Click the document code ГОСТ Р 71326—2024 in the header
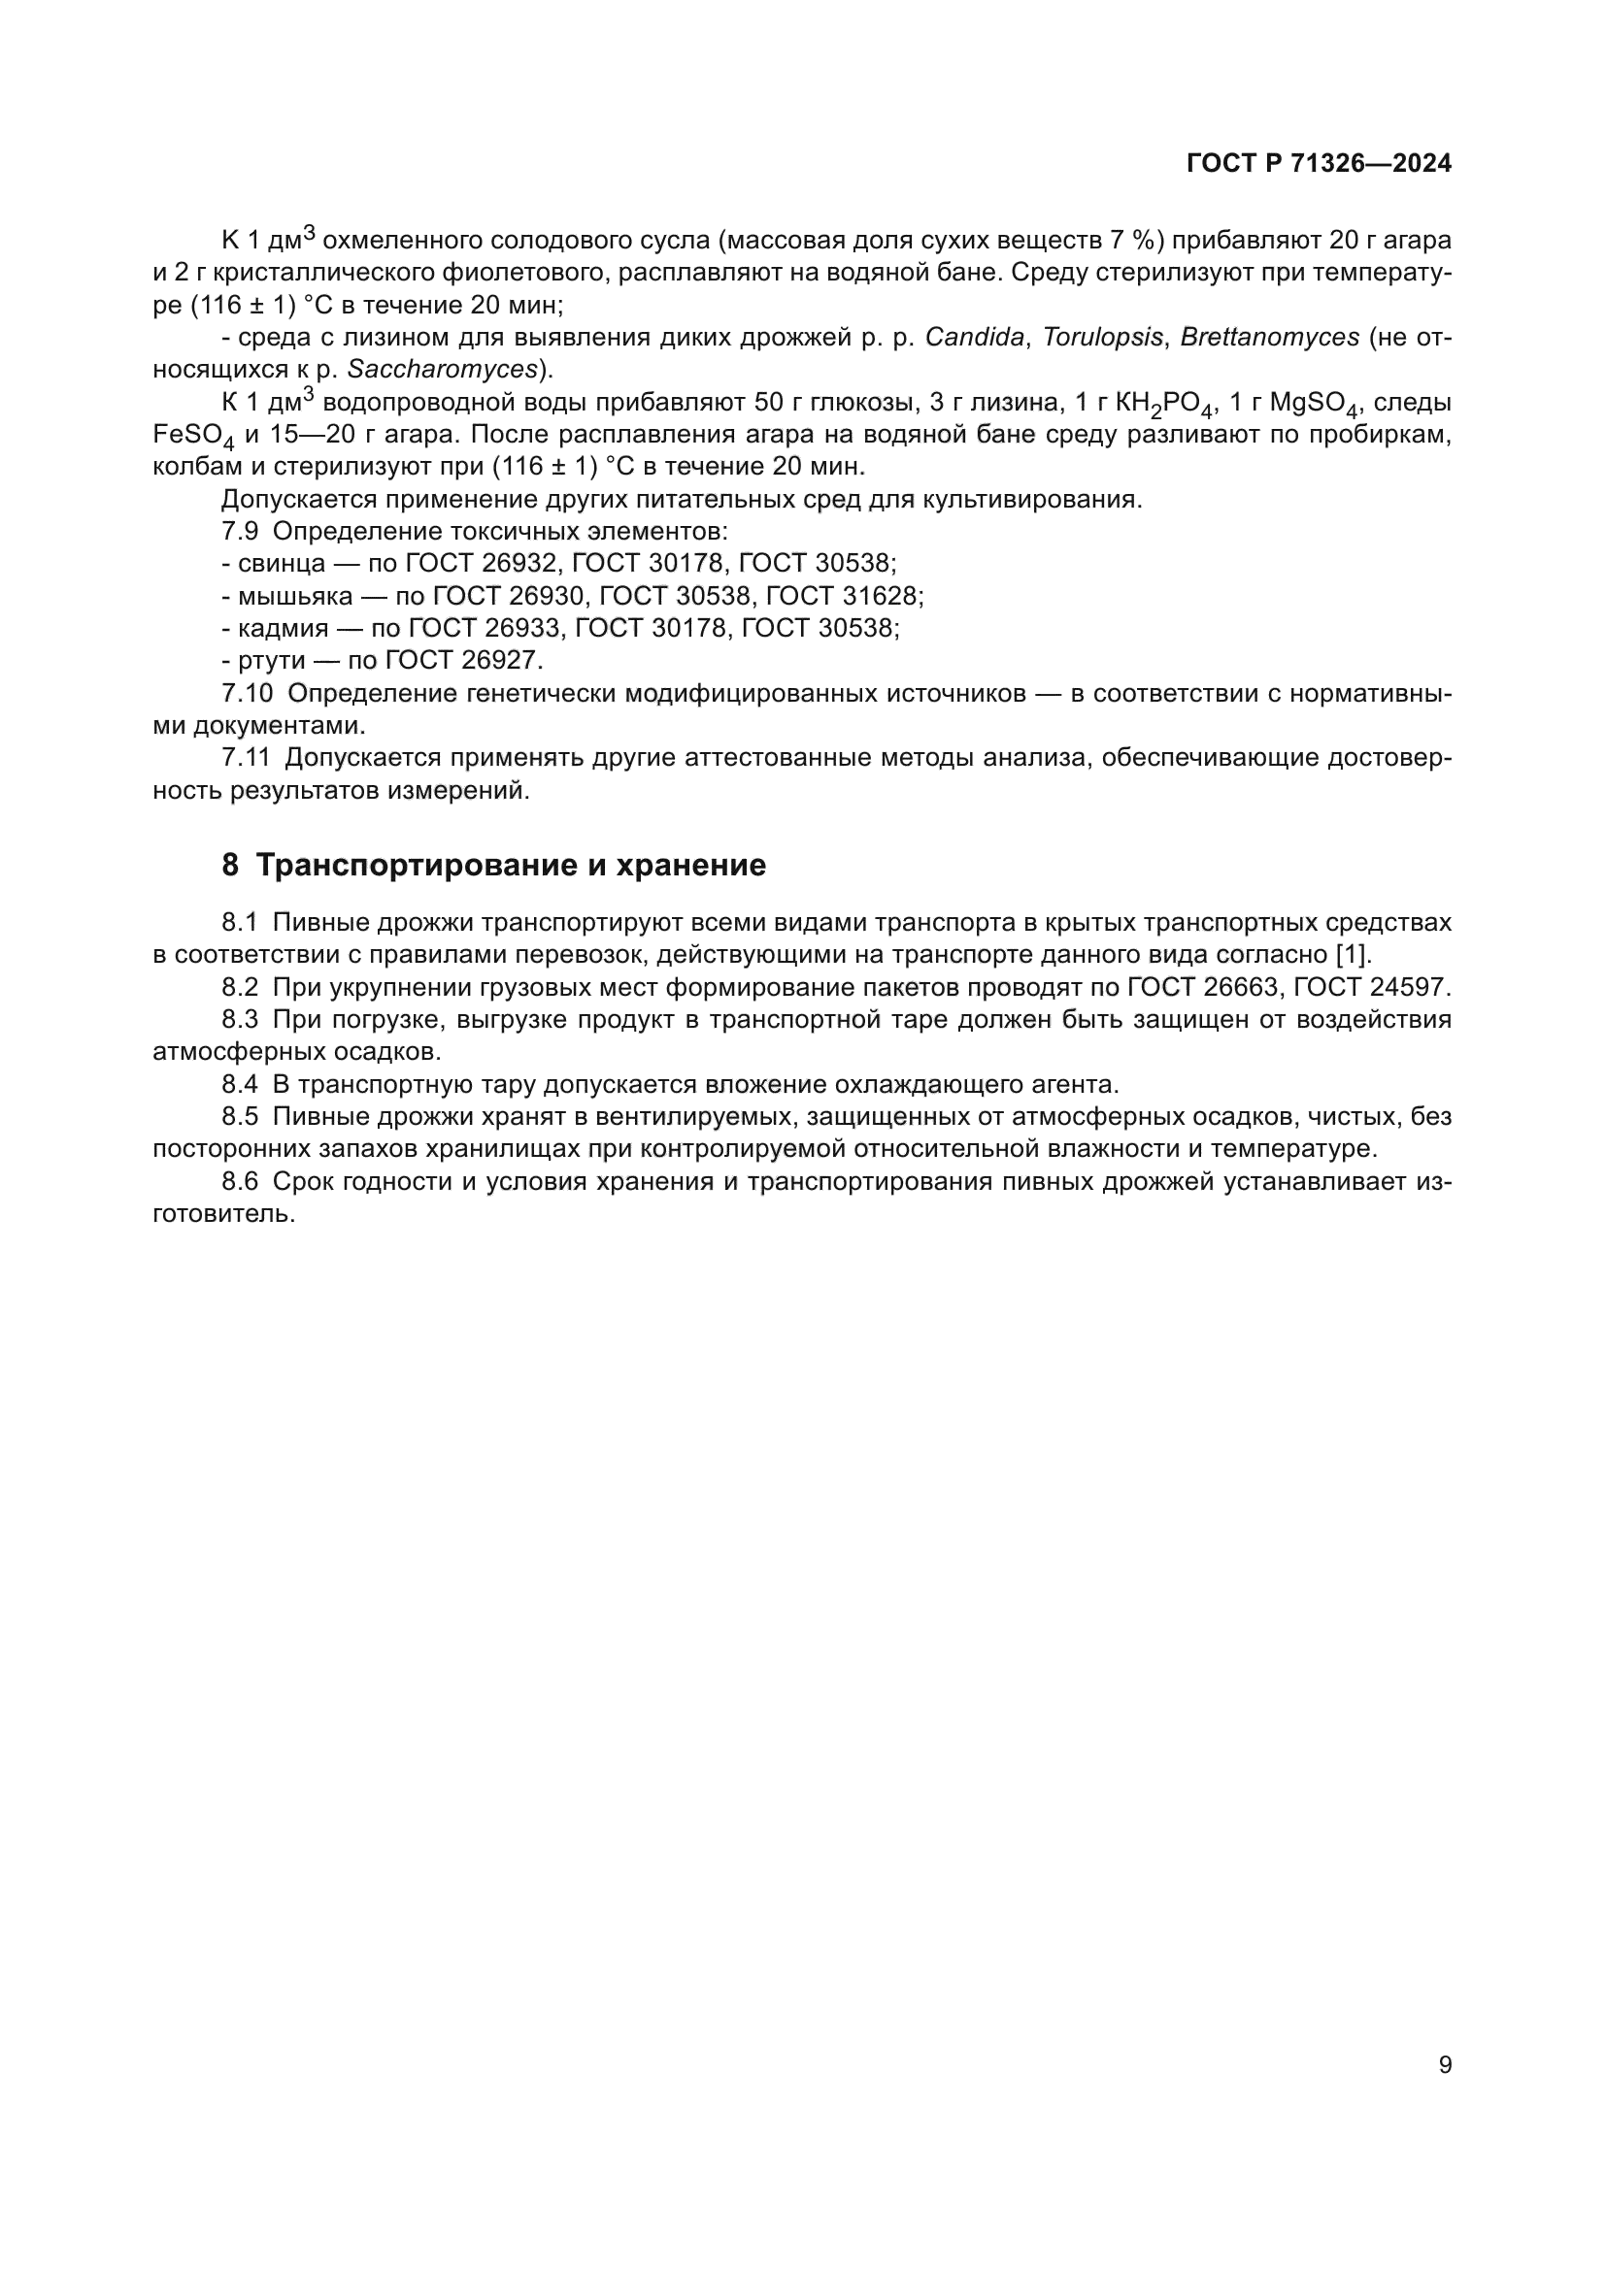click(1319, 164)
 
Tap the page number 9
click(1445, 2064)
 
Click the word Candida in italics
click(974, 337)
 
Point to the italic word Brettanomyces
click(1270, 337)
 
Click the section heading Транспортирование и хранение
click(511, 865)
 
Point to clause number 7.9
click(240, 531)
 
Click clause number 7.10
click(247, 694)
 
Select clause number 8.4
click(240, 1085)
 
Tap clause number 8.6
click(240, 1181)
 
